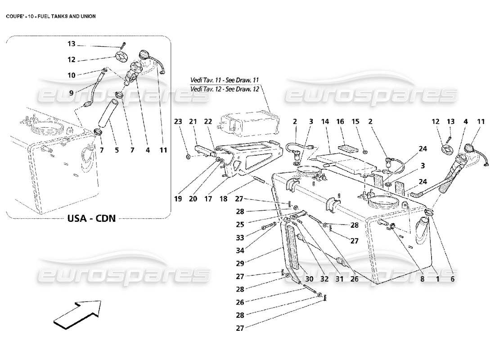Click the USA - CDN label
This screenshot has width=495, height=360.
pyautogui.click(x=92, y=218)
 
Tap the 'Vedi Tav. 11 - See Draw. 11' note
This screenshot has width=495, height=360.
pyautogui.click(x=225, y=80)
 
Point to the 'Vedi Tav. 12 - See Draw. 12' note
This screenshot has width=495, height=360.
pyautogui.click(x=225, y=89)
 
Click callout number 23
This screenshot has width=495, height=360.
pyautogui.click(x=179, y=121)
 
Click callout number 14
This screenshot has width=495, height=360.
pyautogui.click(x=325, y=121)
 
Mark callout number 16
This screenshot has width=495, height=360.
pyautogui.click(x=340, y=121)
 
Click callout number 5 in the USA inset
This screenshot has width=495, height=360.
pyautogui.click(x=117, y=150)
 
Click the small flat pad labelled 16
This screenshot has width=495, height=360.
pyautogui.click(x=347, y=147)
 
